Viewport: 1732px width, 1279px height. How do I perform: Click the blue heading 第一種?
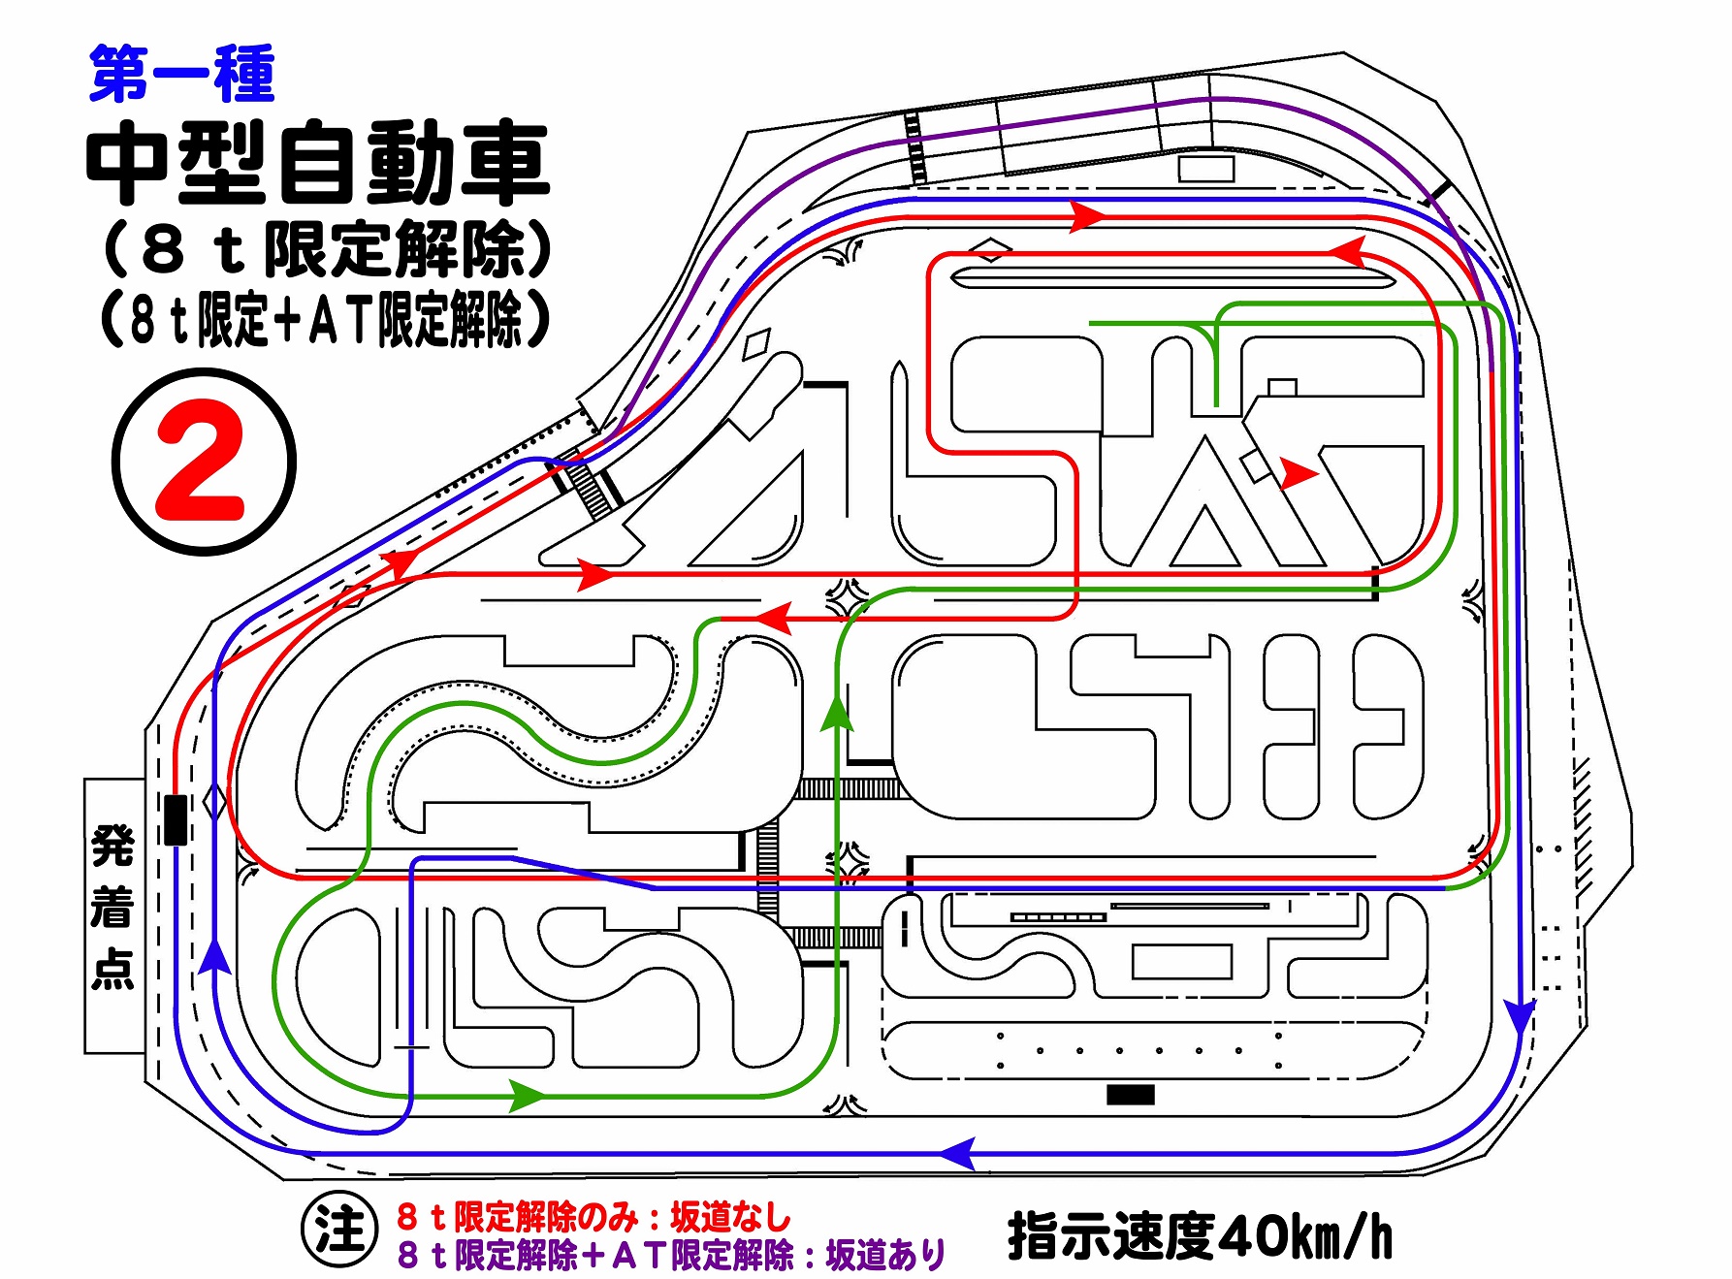point(182,75)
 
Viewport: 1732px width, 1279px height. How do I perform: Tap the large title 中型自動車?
point(318,163)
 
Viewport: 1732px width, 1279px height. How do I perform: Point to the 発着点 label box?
point(114,915)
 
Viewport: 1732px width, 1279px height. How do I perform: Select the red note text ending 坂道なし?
point(593,1216)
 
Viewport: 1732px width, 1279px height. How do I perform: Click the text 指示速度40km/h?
point(1201,1237)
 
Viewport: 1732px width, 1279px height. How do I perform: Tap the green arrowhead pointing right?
point(529,1097)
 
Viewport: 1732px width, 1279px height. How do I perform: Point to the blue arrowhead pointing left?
point(957,1154)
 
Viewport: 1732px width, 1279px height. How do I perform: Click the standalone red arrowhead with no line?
point(1299,474)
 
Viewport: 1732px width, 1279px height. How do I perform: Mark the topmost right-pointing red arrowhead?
point(1087,216)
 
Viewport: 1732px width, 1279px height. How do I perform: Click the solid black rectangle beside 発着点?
point(176,820)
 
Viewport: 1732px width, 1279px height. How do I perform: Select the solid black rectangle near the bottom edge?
point(1131,1095)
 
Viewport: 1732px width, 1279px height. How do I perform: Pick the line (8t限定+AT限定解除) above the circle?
point(326,319)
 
